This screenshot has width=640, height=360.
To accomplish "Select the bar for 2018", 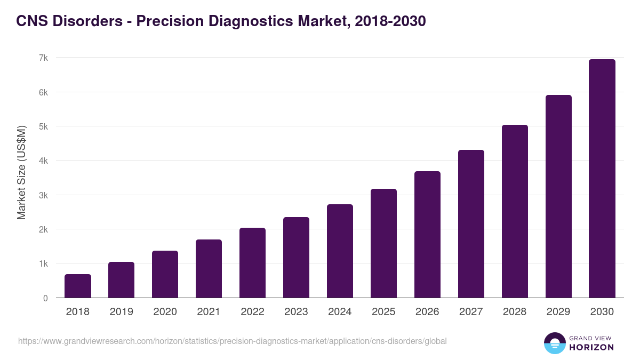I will (78, 286).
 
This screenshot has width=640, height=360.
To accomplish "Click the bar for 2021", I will (209, 269).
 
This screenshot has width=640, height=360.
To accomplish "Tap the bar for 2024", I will (340, 251).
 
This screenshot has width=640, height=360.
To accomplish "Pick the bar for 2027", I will (471, 224).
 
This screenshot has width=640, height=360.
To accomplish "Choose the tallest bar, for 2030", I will (602, 179).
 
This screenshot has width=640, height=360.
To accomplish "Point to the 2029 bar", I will (558, 197).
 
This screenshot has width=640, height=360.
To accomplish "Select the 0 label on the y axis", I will (45, 298).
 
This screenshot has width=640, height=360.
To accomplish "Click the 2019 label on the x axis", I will (122, 312).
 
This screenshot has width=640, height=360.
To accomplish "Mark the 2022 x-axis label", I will (252, 312).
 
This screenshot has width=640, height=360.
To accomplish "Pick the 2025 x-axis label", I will (383, 312).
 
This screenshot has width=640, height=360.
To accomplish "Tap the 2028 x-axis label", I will (515, 312).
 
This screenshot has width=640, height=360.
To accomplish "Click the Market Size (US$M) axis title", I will (21, 173).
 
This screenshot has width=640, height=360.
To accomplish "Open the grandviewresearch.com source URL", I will (232, 341).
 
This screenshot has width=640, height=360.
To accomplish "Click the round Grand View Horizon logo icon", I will (555, 343).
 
